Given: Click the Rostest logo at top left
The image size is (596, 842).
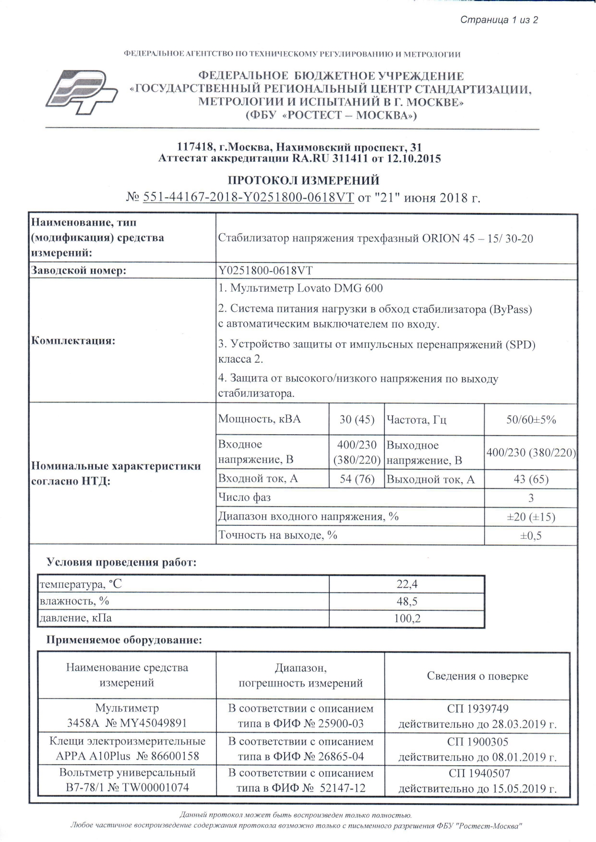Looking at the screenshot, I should [x=82, y=92].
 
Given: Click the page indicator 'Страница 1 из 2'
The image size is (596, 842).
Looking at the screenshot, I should [x=499, y=20].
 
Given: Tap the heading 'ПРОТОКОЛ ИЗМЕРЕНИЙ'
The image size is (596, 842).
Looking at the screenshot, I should [x=303, y=180].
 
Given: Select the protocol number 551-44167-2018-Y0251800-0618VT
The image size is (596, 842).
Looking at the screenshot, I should [x=248, y=198].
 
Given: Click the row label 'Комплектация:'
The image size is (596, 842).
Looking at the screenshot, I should [x=73, y=341].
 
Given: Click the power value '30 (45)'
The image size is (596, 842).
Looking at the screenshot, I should [x=357, y=419].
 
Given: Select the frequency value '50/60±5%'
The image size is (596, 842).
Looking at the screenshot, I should [x=531, y=419].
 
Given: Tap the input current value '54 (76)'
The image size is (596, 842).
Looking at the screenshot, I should [x=357, y=479].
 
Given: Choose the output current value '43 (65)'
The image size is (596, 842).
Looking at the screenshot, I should [x=531, y=479].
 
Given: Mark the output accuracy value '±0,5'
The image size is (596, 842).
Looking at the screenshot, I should [x=531, y=535].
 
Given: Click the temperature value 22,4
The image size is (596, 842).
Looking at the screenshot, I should [x=407, y=584].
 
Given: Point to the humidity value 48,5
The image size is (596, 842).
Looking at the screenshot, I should [x=407, y=601].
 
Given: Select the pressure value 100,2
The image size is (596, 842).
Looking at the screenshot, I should [x=407, y=618].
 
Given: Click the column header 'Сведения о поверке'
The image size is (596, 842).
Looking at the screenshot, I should [x=477, y=676].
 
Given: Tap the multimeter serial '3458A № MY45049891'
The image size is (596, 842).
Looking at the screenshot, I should [x=127, y=723].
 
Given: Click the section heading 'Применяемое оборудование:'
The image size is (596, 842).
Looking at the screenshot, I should [x=124, y=640].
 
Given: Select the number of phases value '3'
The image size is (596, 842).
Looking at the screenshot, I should [x=531, y=498].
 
